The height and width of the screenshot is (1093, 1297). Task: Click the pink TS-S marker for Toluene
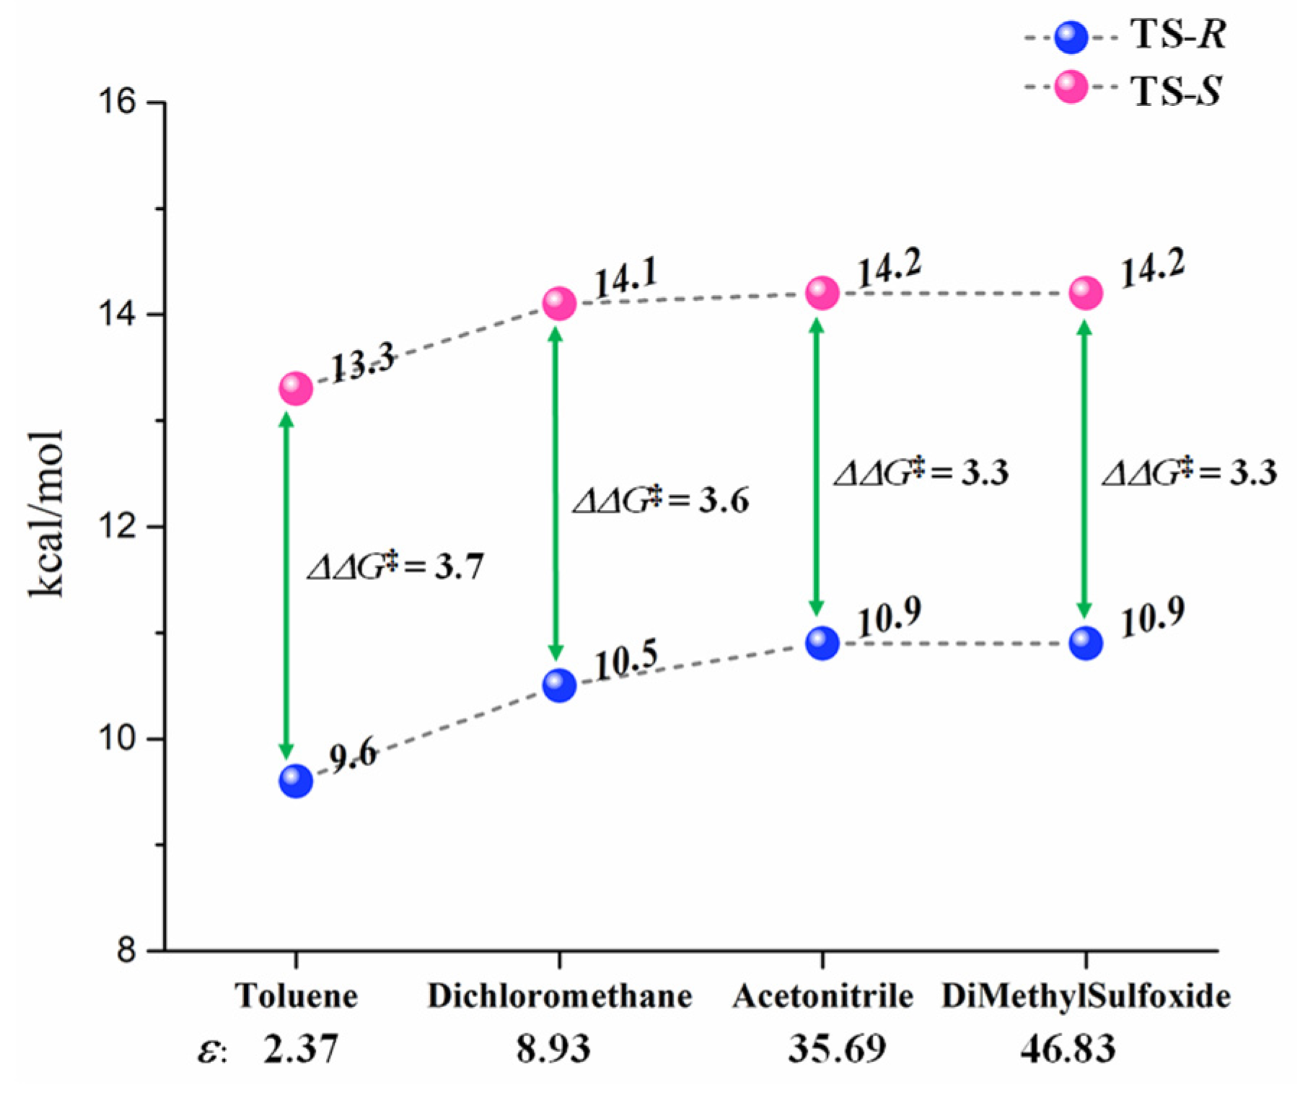coord(296,389)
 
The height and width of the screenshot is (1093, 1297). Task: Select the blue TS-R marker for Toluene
coord(296,781)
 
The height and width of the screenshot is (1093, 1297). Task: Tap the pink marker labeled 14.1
coord(559,303)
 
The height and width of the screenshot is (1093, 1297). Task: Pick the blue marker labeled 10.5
coord(559,685)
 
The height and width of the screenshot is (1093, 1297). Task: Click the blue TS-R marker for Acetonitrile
coord(822,642)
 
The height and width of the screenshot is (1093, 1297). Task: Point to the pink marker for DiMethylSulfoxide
coord(1086,293)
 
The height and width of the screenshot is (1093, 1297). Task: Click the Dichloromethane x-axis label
coord(559,996)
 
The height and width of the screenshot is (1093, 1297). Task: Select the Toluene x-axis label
coord(296,996)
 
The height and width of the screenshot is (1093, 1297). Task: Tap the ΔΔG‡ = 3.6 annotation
coord(660,500)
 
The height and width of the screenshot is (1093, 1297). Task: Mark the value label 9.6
coord(353,755)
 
